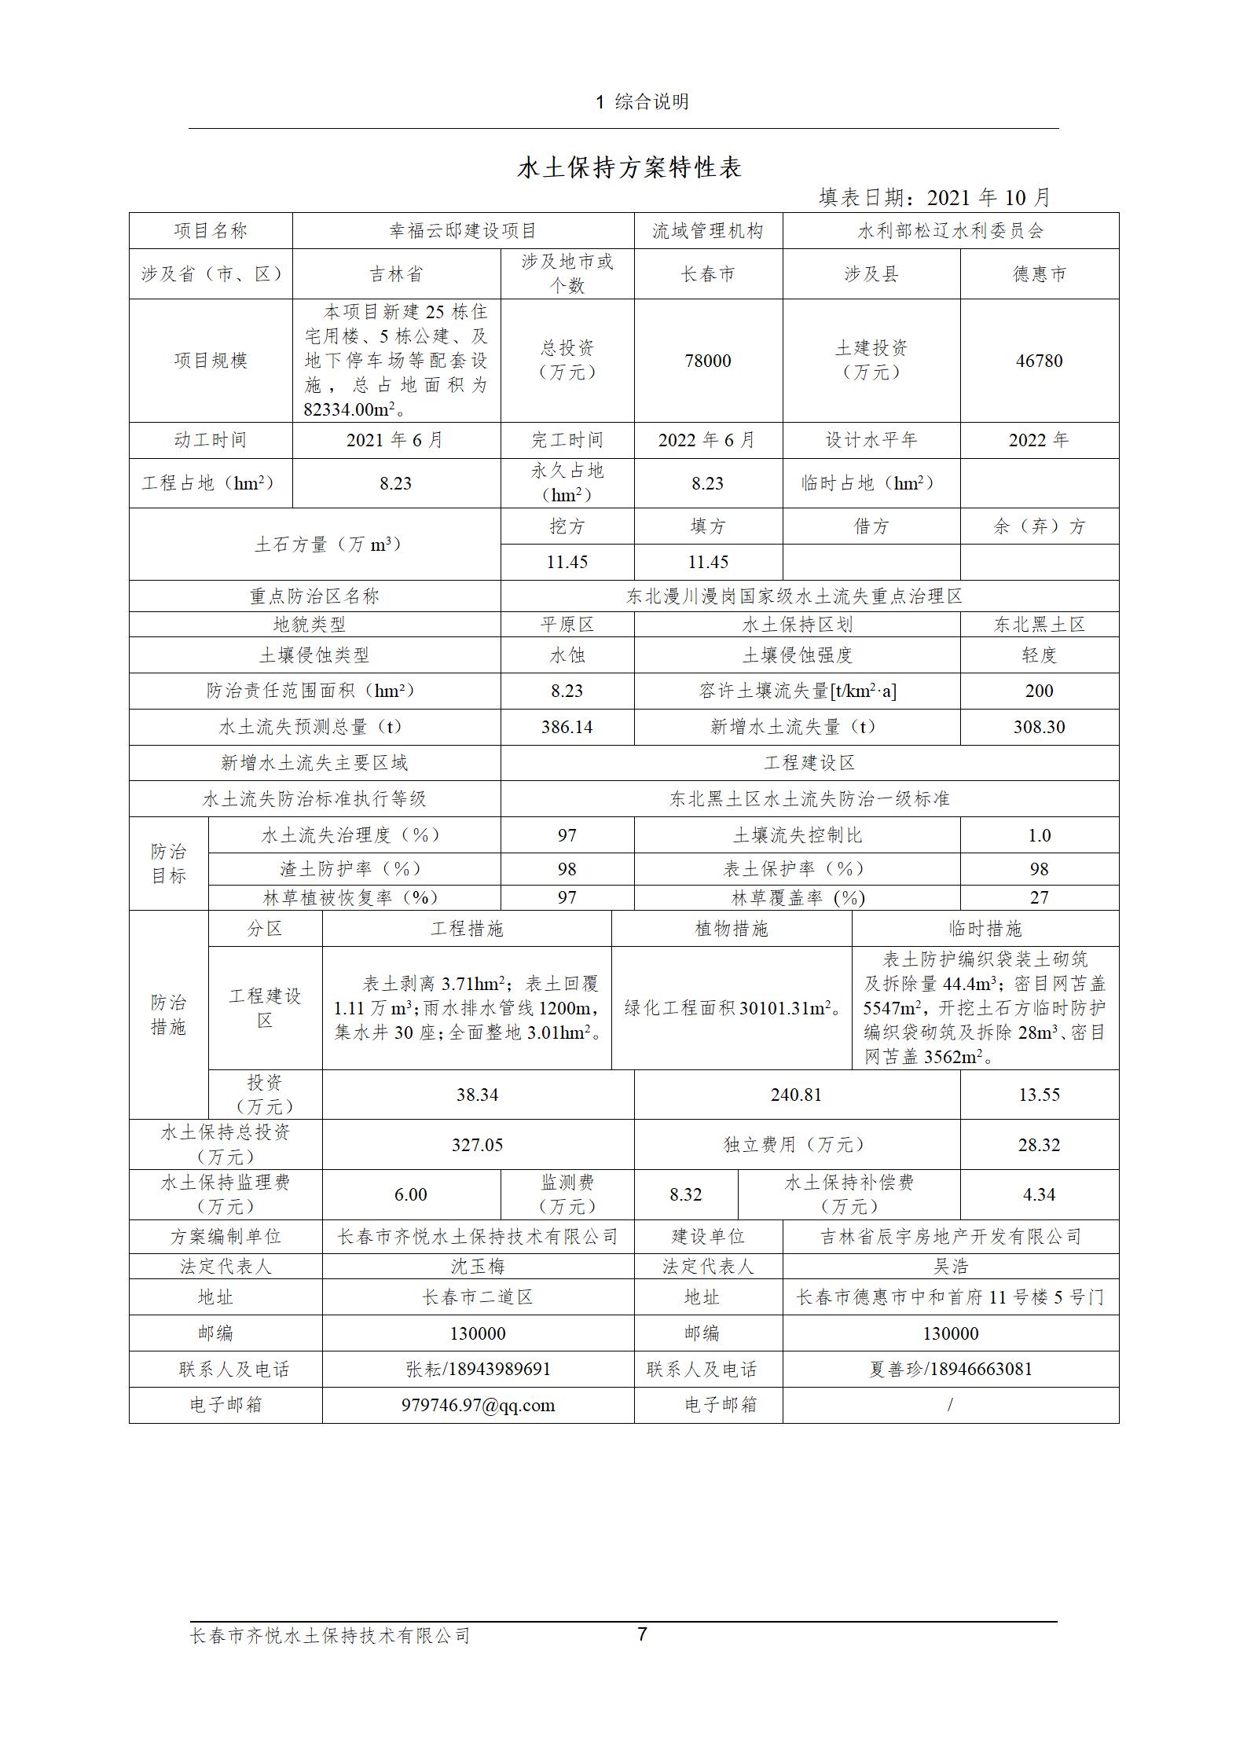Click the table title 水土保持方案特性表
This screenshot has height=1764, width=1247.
(x=629, y=168)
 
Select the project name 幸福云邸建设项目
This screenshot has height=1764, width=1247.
(x=463, y=231)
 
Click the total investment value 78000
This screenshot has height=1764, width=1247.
(x=708, y=361)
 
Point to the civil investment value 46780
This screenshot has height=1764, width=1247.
(x=1039, y=361)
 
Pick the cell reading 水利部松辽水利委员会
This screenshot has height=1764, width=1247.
(x=950, y=231)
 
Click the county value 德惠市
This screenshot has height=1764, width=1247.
(x=1039, y=274)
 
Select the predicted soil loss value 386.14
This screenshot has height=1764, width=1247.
(x=567, y=727)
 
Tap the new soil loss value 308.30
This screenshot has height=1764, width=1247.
(x=1039, y=727)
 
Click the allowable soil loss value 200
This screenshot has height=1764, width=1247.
(x=1039, y=691)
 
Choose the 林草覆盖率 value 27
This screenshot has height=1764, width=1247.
(x=1039, y=897)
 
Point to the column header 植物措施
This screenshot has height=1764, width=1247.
(x=731, y=929)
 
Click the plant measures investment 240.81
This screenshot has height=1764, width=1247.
(x=796, y=1095)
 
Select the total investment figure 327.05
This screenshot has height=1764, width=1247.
(x=477, y=1145)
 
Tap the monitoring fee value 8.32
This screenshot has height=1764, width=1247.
(x=685, y=1194)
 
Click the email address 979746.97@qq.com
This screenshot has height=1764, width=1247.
(x=477, y=1405)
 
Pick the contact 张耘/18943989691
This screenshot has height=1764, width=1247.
(x=477, y=1369)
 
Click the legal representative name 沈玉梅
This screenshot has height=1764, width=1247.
(x=477, y=1267)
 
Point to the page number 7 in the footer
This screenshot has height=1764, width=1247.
(x=642, y=1634)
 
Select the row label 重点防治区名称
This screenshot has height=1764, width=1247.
(x=314, y=596)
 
